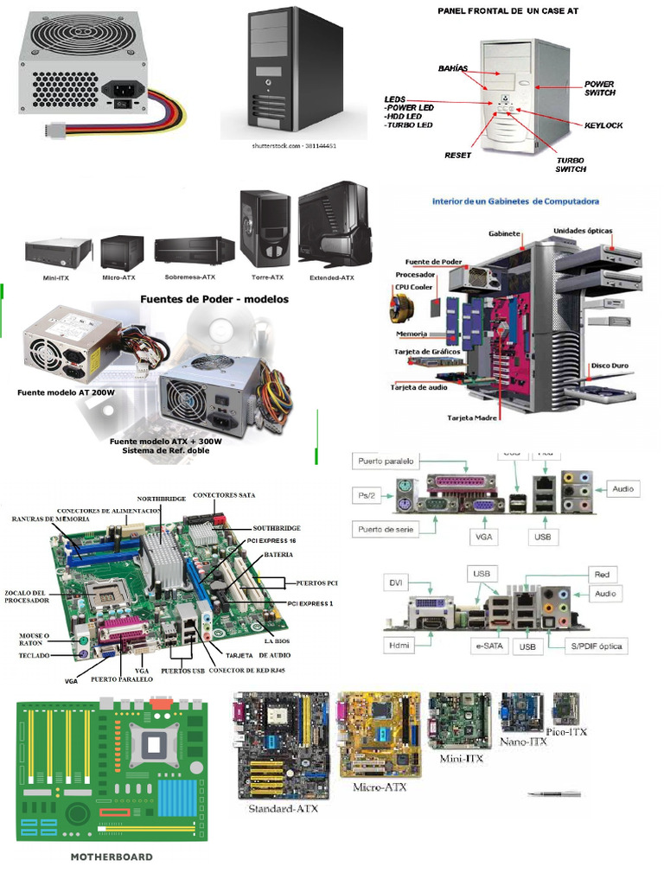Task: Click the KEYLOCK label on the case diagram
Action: click(x=603, y=125)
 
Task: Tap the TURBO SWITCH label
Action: click(x=570, y=164)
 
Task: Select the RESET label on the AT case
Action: click(x=457, y=156)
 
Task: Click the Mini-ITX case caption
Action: click(x=56, y=278)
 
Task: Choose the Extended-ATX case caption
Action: click(x=331, y=278)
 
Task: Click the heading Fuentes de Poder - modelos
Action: click(x=214, y=299)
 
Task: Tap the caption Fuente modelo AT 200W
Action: click(x=66, y=392)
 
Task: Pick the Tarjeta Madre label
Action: click(x=472, y=417)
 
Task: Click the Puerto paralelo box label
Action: click(x=386, y=462)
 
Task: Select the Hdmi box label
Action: click(x=399, y=645)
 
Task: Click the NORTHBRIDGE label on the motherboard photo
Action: click(x=162, y=499)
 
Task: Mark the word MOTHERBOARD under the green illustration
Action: click(x=111, y=857)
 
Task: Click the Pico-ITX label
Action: click(x=567, y=731)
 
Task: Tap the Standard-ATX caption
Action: click(x=283, y=809)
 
